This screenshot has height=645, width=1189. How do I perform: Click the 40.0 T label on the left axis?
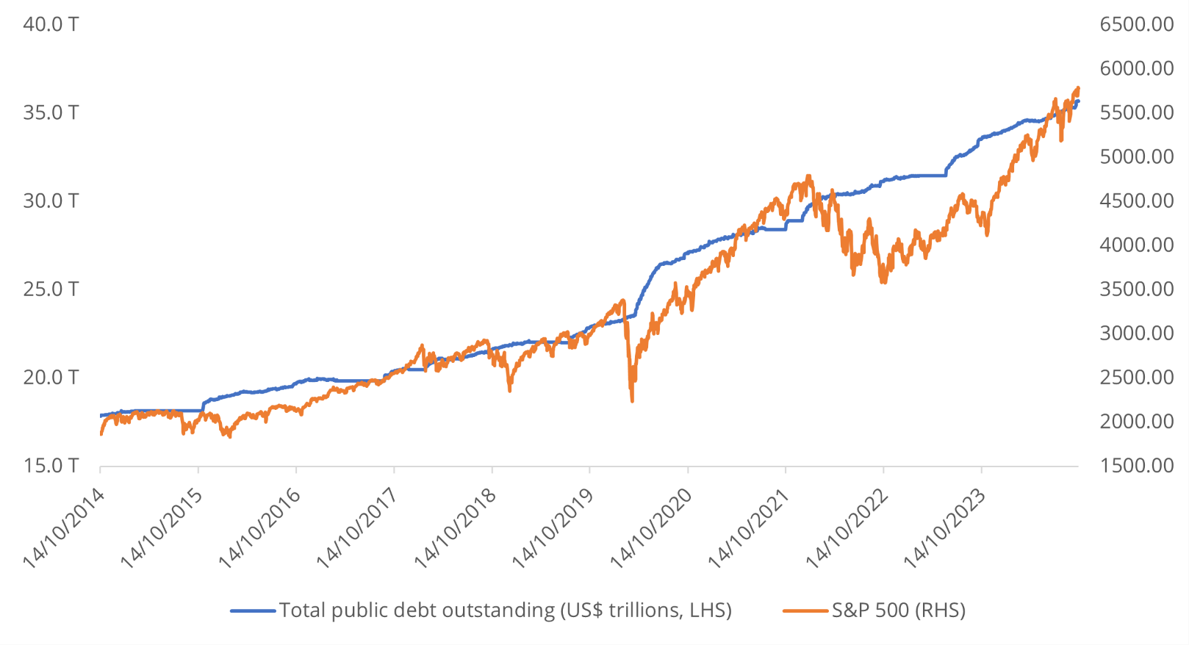click(x=51, y=24)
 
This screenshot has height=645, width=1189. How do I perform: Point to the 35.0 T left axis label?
click(x=51, y=112)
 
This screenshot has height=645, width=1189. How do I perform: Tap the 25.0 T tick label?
click(x=51, y=289)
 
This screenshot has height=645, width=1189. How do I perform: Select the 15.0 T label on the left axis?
click(x=51, y=465)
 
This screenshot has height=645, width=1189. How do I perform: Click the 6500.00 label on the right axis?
click(x=1136, y=24)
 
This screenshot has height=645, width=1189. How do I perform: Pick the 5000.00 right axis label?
click(x=1136, y=156)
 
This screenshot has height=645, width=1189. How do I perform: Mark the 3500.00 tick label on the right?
click(x=1136, y=289)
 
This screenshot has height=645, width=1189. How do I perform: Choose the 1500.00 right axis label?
click(x=1136, y=465)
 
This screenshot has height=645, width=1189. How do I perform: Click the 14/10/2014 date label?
click(x=65, y=527)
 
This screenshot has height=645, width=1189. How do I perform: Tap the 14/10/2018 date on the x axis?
click(x=456, y=527)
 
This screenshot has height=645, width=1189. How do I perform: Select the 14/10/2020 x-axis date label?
click(x=653, y=527)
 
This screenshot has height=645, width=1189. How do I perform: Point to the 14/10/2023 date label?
click(x=946, y=527)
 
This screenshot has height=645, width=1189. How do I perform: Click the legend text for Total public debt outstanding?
click(x=505, y=610)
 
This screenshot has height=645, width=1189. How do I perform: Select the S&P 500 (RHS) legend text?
click(x=898, y=610)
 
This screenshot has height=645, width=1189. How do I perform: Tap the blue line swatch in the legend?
click(x=253, y=610)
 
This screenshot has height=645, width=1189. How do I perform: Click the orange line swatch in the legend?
click(x=806, y=610)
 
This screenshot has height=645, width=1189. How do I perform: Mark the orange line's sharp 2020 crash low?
click(x=632, y=400)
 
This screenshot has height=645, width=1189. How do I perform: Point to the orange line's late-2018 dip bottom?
click(x=509, y=390)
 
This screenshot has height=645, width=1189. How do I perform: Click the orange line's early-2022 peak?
click(x=809, y=176)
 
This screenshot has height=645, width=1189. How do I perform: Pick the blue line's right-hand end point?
click(x=1078, y=101)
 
